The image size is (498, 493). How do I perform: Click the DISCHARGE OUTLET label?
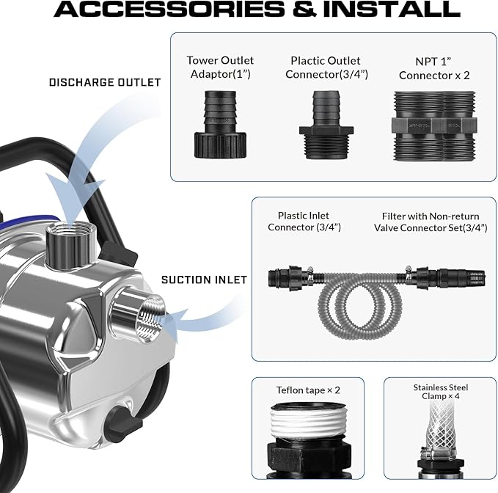pyautogui.click(x=105, y=83)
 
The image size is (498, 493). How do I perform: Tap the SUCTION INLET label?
pyautogui.click(x=204, y=280)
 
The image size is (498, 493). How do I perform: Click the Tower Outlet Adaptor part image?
pyautogui.click(x=221, y=125)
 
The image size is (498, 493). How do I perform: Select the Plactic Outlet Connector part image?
pyautogui.click(x=326, y=125)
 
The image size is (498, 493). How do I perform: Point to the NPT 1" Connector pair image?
pyautogui.click(x=434, y=126)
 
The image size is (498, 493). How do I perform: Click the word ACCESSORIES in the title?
pyautogui.click(x=169, y=9)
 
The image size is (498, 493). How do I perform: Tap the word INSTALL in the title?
pyautogui.click(x=392, y=9)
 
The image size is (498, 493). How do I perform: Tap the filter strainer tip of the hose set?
pyautogui.click(x=475, y=277)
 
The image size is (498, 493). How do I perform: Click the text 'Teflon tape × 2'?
pyautogui.click(x=308, y=390)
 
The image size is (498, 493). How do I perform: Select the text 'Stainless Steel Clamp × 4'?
pyautogui.click(x=441, y=392)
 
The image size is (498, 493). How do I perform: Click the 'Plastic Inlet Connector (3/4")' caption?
pyautogui.click(x=304, y=222)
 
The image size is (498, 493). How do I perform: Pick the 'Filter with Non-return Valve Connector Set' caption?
pyautogui.click(x=431, y=222)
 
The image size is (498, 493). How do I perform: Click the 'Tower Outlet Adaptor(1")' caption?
pyautogui.click(x=221, y=67)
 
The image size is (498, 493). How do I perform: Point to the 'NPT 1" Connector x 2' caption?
pyautogui.click(x=434, y=68)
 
